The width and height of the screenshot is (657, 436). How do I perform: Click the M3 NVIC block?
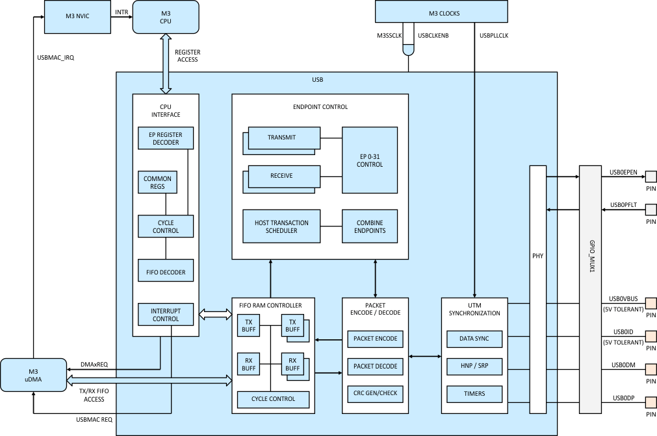(69, 17)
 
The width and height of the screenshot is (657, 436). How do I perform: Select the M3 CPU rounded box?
(165, 17)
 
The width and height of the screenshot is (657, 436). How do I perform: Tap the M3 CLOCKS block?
(441, 11)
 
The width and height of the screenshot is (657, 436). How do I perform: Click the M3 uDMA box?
(33, 374)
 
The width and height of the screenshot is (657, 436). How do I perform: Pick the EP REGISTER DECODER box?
(165, 138)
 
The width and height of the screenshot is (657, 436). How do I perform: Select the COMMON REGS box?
(157, 182)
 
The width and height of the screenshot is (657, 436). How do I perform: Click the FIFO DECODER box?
(165, 272)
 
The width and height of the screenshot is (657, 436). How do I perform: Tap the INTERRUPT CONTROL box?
(165, 315)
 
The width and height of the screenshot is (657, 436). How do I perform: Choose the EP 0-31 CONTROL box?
(370, 160)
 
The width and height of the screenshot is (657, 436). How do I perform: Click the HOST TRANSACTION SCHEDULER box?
(281, 226)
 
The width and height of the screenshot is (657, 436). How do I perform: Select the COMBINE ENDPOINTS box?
(370, 226)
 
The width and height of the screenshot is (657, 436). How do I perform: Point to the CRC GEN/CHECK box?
(375, 393)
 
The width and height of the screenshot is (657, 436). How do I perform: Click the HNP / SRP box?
(474, 366)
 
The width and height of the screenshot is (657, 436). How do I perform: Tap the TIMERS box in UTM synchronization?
(474, 394)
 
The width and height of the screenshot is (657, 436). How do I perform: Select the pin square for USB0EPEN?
(651, 176)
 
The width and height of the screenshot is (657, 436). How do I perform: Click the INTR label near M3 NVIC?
(121, 12)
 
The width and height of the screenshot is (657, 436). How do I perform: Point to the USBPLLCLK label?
(493, 36)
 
